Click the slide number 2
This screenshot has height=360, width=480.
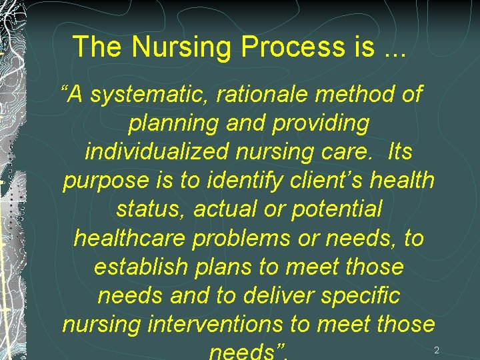pos(437,351)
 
